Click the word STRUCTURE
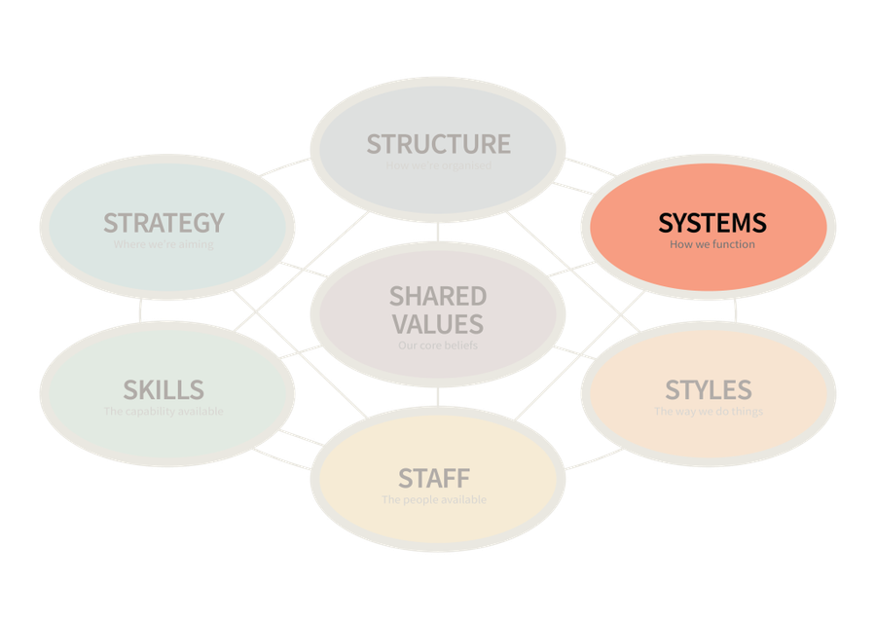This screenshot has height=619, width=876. click(x=438, y=144)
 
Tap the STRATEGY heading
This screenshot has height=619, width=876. click(x=164, y=223)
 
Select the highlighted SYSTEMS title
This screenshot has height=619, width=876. click(x=712, y=223)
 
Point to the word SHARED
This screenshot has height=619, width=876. click(x=438, y=296)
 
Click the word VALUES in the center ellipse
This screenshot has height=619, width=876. click(x=438, y=323)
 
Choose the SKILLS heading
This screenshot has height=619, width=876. click(x=164, y=390)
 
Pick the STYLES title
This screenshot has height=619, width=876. click(x=708, y=390)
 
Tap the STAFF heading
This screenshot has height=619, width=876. click(x=434, y=478)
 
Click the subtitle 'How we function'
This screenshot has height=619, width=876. click(x=712, y=244)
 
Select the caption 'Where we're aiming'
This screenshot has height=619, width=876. click(x=164, y=244)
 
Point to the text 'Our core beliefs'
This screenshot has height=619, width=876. click(x=438, y=346)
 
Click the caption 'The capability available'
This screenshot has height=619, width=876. click(x=164, y=412)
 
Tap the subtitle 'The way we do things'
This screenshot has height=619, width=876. click(x=708, y=412)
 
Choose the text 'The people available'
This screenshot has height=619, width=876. click(x=434, y=500)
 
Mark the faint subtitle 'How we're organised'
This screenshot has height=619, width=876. click(x=438, y=165)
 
